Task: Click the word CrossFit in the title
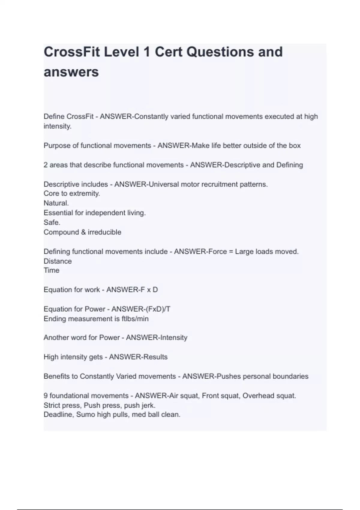[x=71, y=52]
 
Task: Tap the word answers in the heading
[x=71, y=72]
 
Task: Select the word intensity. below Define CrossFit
[x=57, y=126]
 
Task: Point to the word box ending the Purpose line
[x=295, y=145]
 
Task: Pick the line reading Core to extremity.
[x=72, y=193]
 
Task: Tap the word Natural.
[x=56, y=203]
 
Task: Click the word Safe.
[x=52, y=222]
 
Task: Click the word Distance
[x=58, y=261]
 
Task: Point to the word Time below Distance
[x=51, y=270]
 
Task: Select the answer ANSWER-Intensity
[x=157, y=337]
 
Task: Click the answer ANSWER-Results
[x=138, y=357]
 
